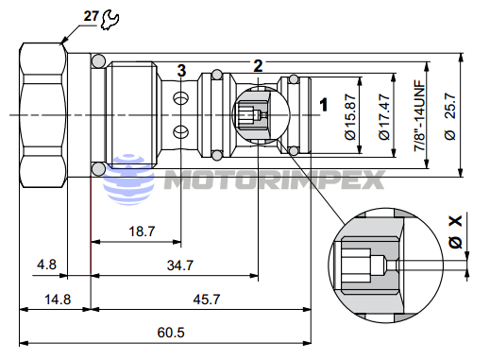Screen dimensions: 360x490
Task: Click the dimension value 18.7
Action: (x=142, y=231)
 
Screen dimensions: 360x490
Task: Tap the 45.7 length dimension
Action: (x=205, y=299)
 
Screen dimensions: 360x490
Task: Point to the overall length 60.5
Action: (x=170, y=333)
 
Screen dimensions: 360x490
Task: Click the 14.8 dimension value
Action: (x=56, y=299)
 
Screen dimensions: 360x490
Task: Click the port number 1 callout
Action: (x=324, y=104)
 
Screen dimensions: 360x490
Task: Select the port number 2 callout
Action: (x=258, y=64)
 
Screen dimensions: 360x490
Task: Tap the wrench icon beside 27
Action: (x=108, y=16)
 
